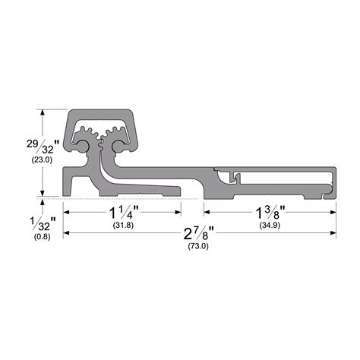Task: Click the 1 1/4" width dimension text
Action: pos(123,214)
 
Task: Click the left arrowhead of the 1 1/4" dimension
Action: pos(67,214)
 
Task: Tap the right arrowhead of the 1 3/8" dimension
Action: pos(333,214)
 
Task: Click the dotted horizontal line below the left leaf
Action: pos(129,199)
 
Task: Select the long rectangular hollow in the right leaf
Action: pos(285,178)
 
